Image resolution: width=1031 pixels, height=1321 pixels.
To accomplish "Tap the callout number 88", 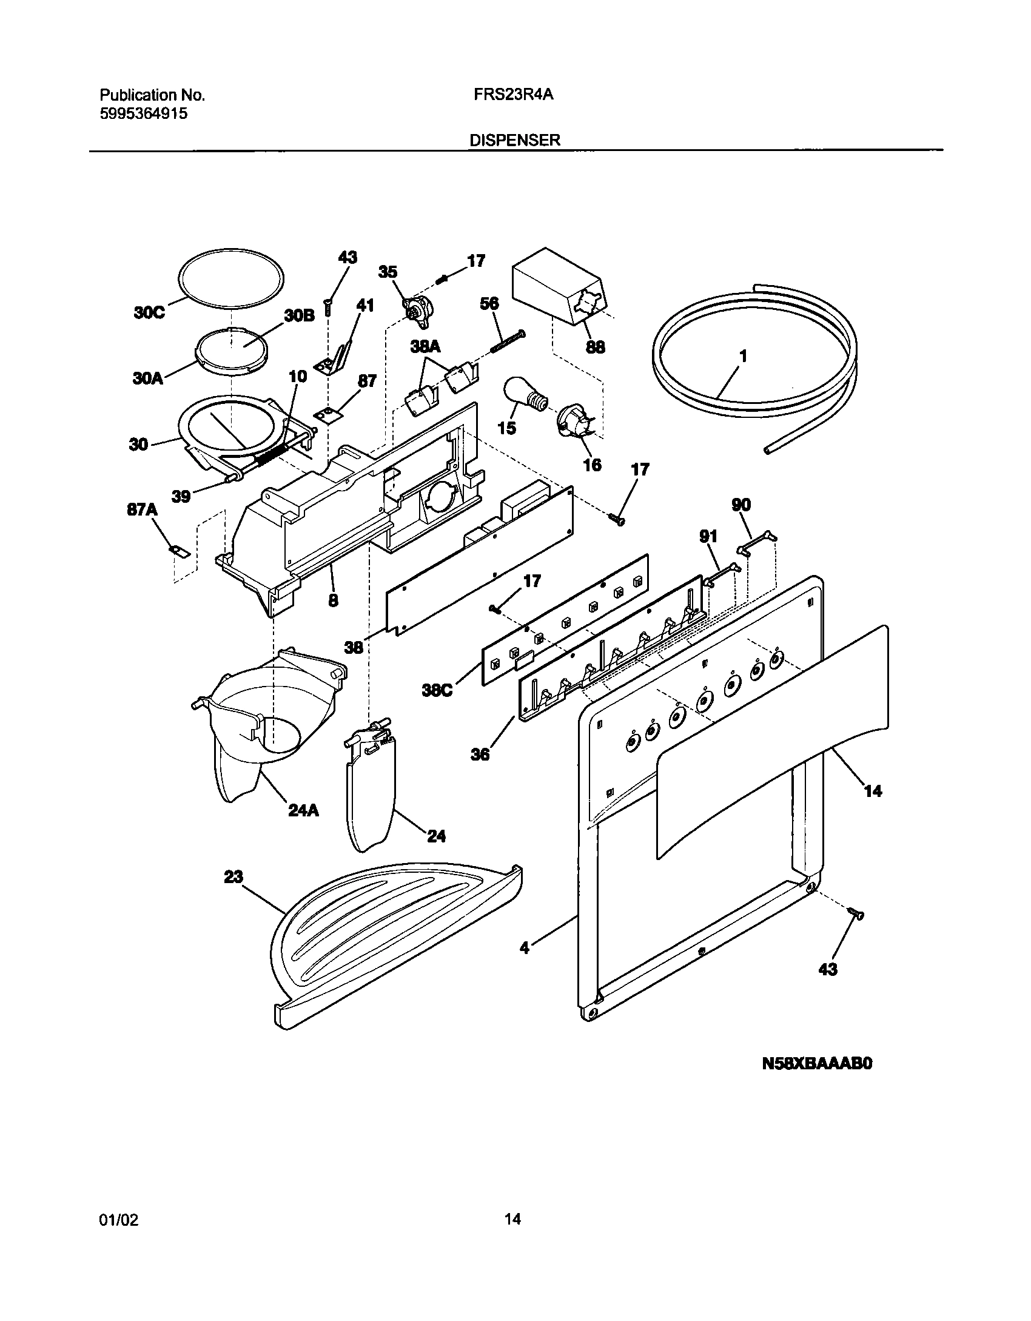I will point(596,347).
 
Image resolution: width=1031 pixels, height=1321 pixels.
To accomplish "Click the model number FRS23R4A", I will point(514,95).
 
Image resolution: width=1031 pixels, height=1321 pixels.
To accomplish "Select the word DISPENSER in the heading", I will point(515,140).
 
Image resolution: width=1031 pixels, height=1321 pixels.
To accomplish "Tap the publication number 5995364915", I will point(143,113).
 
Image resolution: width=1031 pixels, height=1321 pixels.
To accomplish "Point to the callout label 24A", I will point(304,810).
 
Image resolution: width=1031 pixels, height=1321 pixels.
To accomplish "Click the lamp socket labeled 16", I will point(573,422).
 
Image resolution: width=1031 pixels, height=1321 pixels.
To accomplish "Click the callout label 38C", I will point(437,691).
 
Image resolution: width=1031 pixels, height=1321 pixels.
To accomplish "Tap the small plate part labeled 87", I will point(328,414).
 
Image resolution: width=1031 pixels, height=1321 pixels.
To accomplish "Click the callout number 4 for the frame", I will point(525,948).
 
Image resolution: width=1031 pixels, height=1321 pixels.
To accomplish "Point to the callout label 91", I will point(708,536).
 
